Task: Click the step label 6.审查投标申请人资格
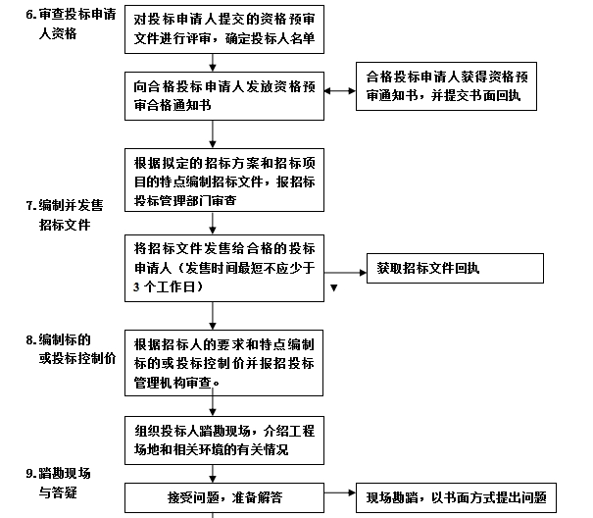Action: [71, 24]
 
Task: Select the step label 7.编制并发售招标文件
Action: [65, 215]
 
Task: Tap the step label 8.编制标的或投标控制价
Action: [71, 348]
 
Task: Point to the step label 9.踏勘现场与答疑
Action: [58, 483]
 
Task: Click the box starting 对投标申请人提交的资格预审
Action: [224, 29]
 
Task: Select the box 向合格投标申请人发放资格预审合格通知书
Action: [224, 96]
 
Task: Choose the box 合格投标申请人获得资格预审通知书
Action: [446, 86]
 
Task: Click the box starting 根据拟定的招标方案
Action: [224, 180]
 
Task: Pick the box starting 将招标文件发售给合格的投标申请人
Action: [224, 268]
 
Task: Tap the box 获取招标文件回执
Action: [455, 269]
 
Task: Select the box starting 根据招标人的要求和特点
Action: [223, 363]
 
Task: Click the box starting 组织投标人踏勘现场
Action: [224, 440]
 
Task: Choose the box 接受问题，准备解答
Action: [224, 497]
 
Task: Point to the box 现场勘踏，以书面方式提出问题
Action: [456, 497]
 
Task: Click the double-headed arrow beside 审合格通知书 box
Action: [340, 91]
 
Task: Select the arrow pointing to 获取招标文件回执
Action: [345, 273]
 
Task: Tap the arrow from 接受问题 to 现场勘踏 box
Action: [340, 492]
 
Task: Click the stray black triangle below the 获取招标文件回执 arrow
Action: [334, 288]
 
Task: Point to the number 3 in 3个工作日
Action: [136, 287]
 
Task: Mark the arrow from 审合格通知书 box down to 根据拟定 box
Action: [213, 134]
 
